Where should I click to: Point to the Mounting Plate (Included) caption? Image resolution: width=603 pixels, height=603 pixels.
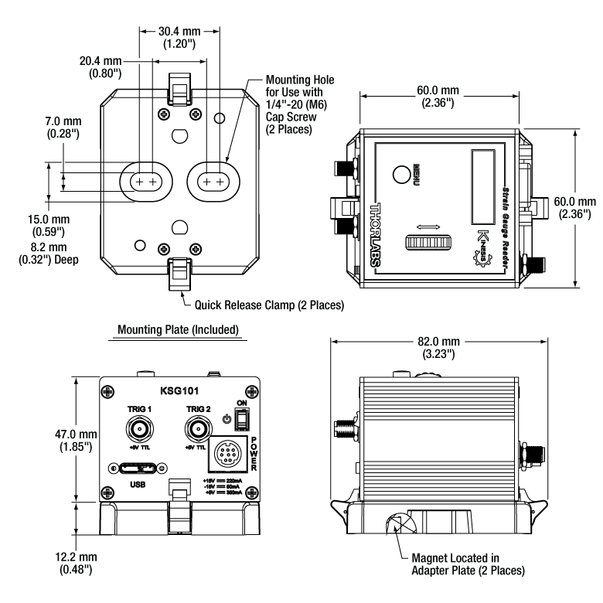pos(178,329)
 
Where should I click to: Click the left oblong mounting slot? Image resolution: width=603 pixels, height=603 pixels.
pos(145,181)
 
